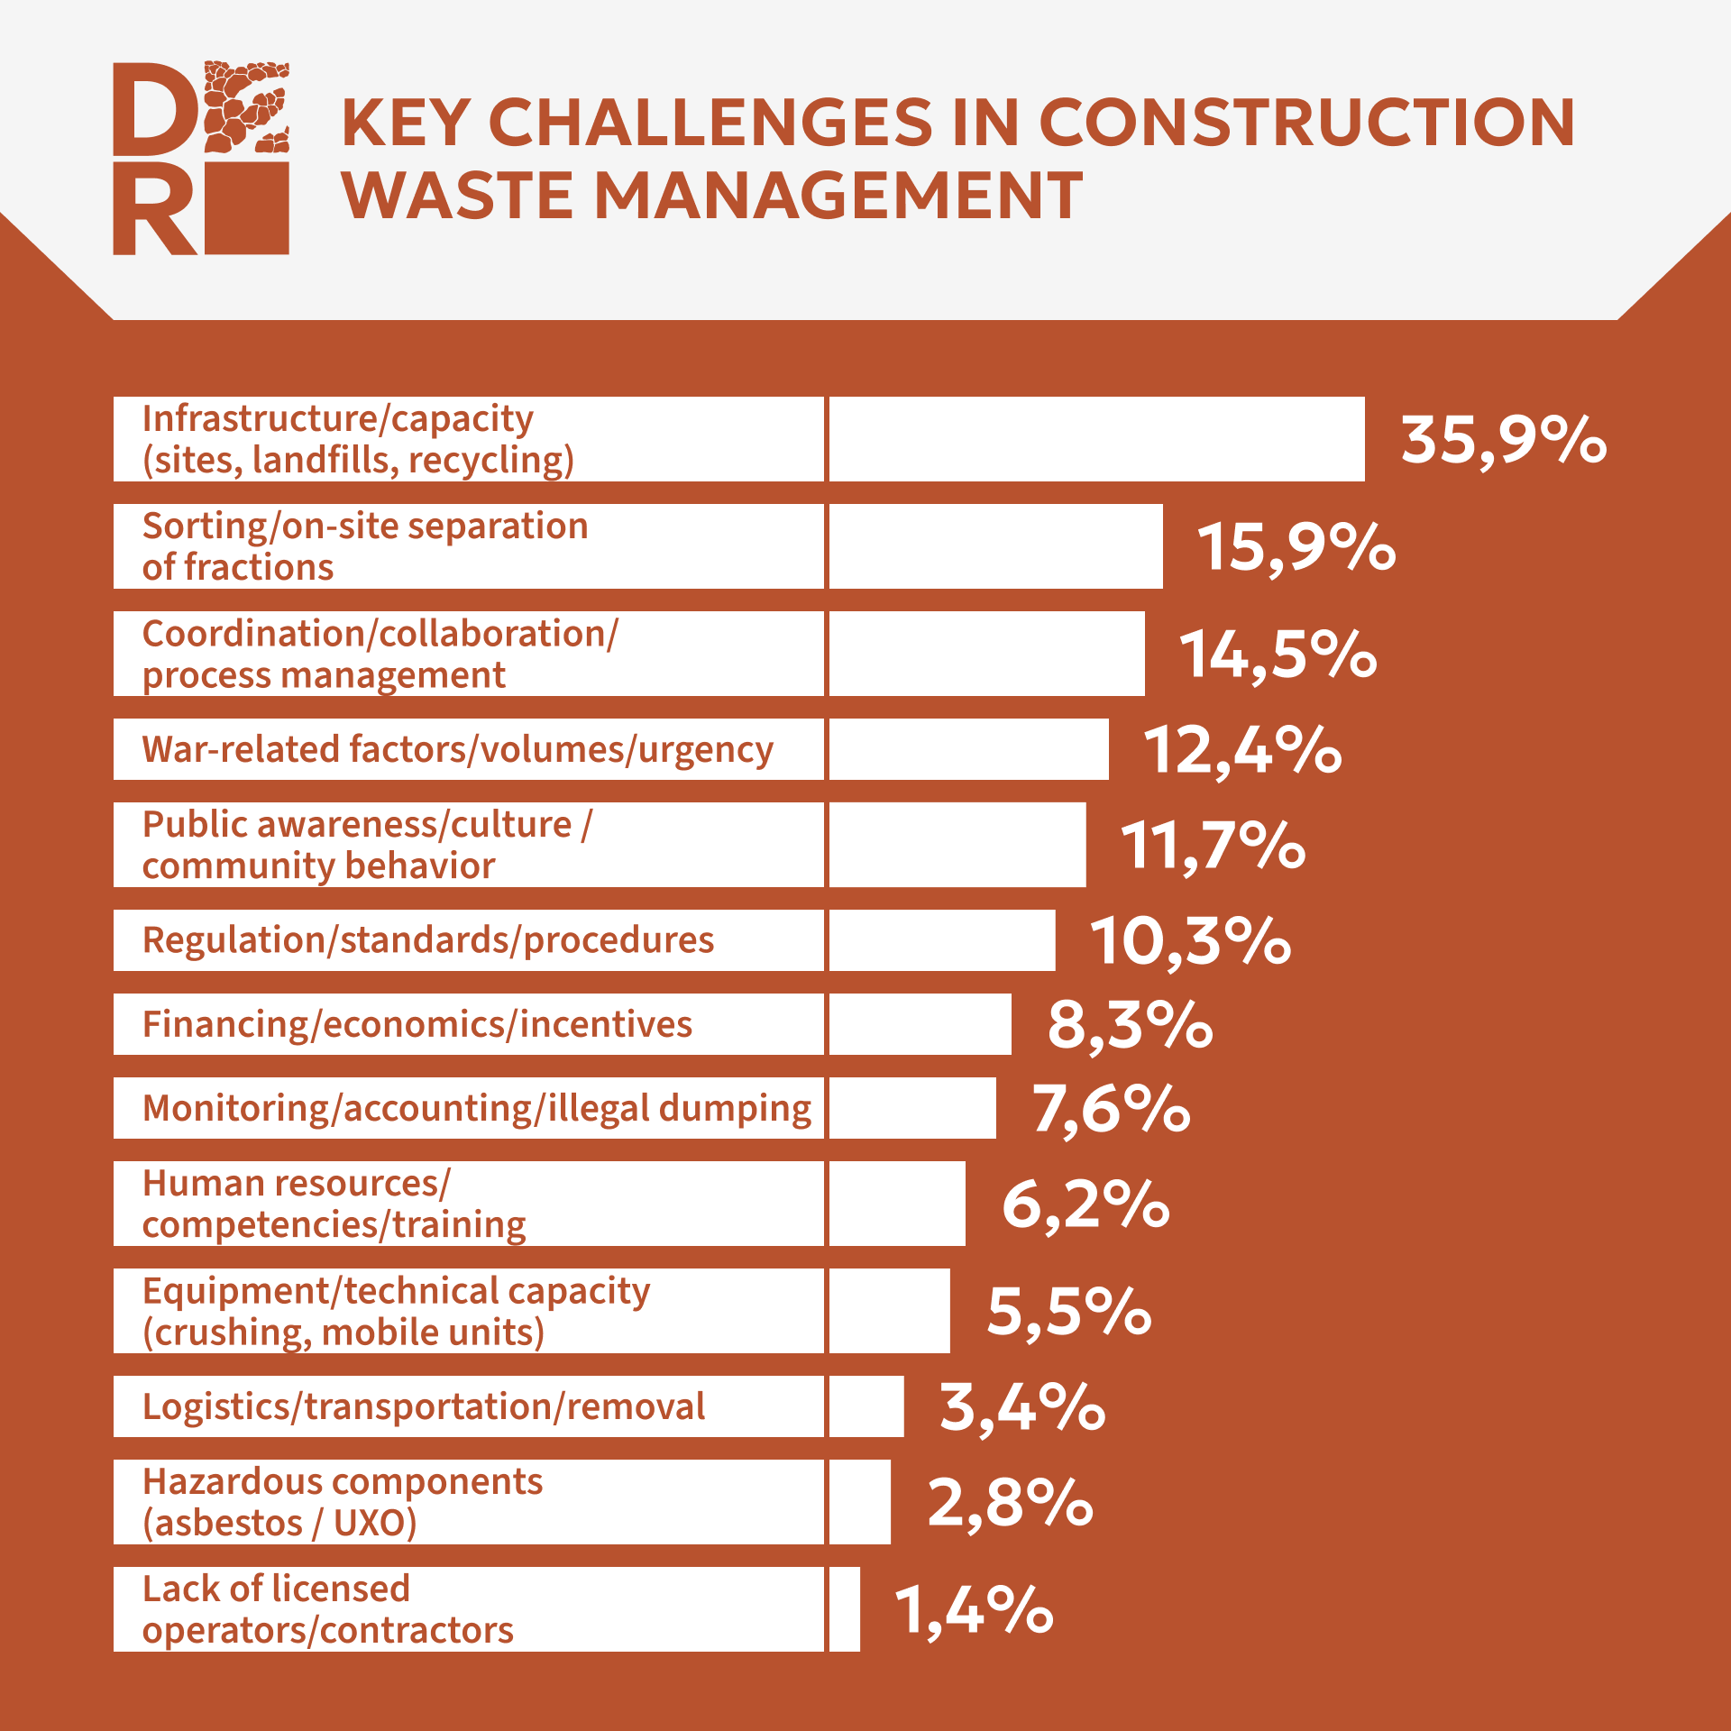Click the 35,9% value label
click(x=1503, y=441)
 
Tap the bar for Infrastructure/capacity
click(x=1095, y=439)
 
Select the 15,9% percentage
click(x=1296, y=547)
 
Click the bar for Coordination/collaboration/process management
click(x=986, y=654)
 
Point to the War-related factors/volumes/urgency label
click(x=457, y=750)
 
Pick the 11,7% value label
click(x=1213, y=846)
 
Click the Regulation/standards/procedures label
click(x=428, y=940)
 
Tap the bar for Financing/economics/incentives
click(x=920, y=1024)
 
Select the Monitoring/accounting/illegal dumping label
click(x=477, y=1109)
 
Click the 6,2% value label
click(x=1085, y=1204)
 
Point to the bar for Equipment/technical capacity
click(x=889, y=1311)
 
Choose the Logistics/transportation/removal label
click(x=424, y=1406)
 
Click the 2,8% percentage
click(x=1010, y=1503)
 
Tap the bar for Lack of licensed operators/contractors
click(x=844, y=1609)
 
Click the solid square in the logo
click(x=247, y=208)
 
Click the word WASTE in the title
click(x=456, y=196)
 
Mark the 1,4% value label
click(x=973, y=1610)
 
